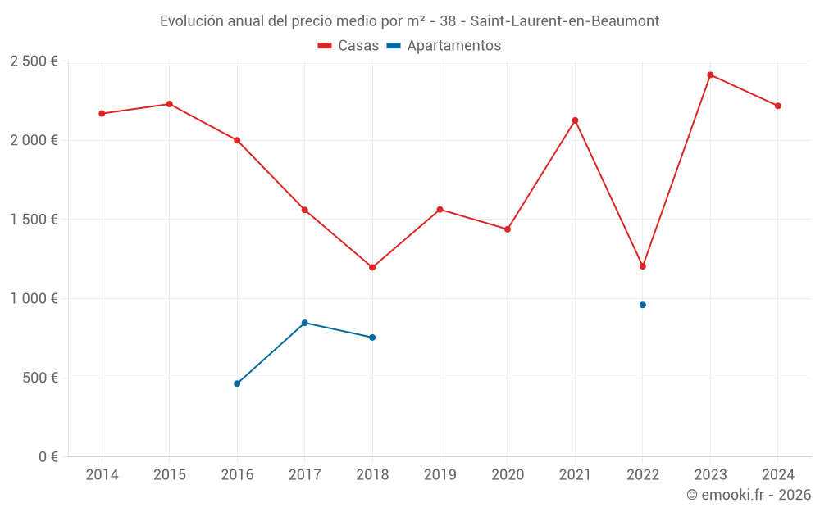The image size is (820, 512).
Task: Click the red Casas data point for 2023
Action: [710, 75]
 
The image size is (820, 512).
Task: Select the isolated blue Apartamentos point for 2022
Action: [643, 305]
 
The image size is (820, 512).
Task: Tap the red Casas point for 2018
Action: [372, 267]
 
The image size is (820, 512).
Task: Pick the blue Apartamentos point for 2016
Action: [237, 383]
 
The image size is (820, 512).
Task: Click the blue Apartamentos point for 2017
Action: [304, 323]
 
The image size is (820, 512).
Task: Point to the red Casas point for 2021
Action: [575, 120]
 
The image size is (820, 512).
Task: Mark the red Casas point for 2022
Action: [643, 266]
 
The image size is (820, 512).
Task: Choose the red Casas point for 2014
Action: [102, 114]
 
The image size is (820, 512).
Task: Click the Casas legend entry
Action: [348, 46]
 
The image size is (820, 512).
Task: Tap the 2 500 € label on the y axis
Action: [34, 61]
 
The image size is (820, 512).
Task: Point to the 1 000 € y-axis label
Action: [34, 299]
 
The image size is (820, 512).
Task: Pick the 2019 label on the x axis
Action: [440, 475]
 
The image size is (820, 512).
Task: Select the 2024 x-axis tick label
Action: [777, 475]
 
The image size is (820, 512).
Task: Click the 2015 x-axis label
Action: [170, 475]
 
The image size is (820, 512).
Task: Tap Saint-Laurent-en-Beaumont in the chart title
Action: [565, 21]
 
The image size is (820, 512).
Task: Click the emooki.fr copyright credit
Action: [749, 495]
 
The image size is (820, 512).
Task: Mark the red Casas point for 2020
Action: [508, 229]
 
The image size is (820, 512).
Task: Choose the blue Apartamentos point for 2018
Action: [372, 338]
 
